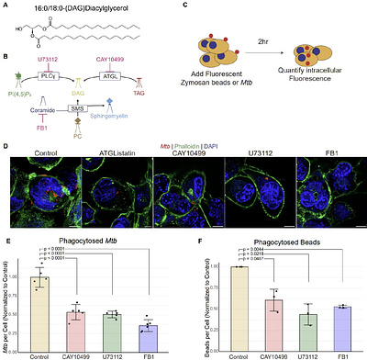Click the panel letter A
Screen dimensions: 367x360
(6, 6)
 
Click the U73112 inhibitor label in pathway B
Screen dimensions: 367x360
(61, 58)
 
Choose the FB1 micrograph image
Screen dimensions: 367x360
(331, 193)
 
